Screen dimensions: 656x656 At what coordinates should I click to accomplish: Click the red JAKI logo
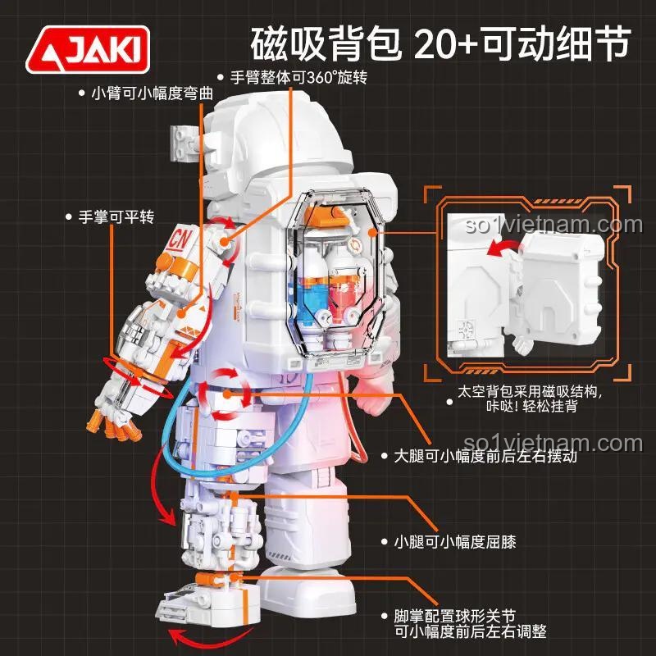click(88, 49)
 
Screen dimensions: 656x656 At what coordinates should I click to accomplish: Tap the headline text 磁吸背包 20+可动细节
click(440, 43)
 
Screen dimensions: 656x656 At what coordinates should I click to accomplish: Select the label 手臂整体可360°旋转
click(298, 77)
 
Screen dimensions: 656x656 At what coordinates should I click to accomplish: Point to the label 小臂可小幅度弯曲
click(152, 93)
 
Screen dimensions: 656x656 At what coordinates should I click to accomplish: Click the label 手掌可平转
click(116, 216)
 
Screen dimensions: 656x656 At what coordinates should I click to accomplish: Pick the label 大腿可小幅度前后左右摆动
click(485, 456)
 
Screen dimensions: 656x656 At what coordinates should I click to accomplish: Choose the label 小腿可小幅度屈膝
click(455, 542)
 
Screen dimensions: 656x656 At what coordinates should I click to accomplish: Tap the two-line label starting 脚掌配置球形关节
click(470, 624)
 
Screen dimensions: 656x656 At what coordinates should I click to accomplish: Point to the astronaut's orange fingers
click(113, 427)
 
